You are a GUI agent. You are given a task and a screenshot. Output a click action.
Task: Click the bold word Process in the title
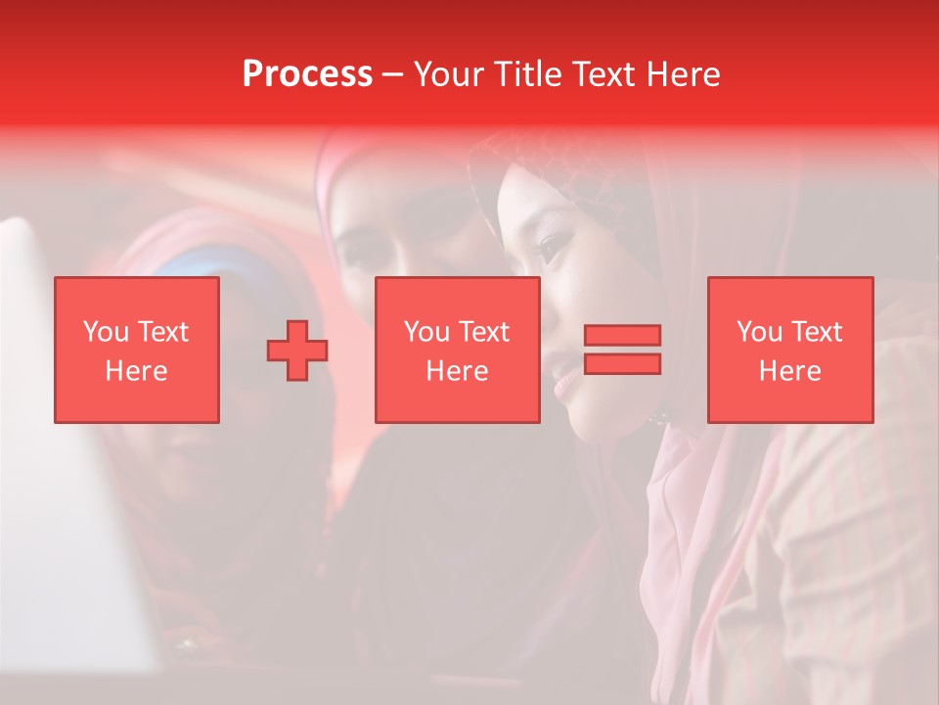(x=307, y=74)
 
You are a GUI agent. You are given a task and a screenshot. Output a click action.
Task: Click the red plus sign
(x=297, y=351)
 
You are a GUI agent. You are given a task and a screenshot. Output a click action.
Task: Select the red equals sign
(x=622, y=350)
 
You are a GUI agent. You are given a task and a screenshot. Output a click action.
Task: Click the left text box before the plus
(x=137, y=350)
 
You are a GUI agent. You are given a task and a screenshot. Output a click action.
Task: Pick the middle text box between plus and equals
(x=457, y=350)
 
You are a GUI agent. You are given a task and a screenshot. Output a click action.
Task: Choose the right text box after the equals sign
(x=790, y=350)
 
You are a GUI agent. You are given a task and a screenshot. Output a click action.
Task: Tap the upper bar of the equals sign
(x=622, y=336)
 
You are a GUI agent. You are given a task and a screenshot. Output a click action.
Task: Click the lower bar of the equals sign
(x=622, y=363)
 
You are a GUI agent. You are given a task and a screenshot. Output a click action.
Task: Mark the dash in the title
(x=392, y=75)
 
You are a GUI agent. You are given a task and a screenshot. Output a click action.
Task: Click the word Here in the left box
(x=137, y=371)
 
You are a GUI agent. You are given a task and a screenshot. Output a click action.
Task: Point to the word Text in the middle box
(x=485, y=332)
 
